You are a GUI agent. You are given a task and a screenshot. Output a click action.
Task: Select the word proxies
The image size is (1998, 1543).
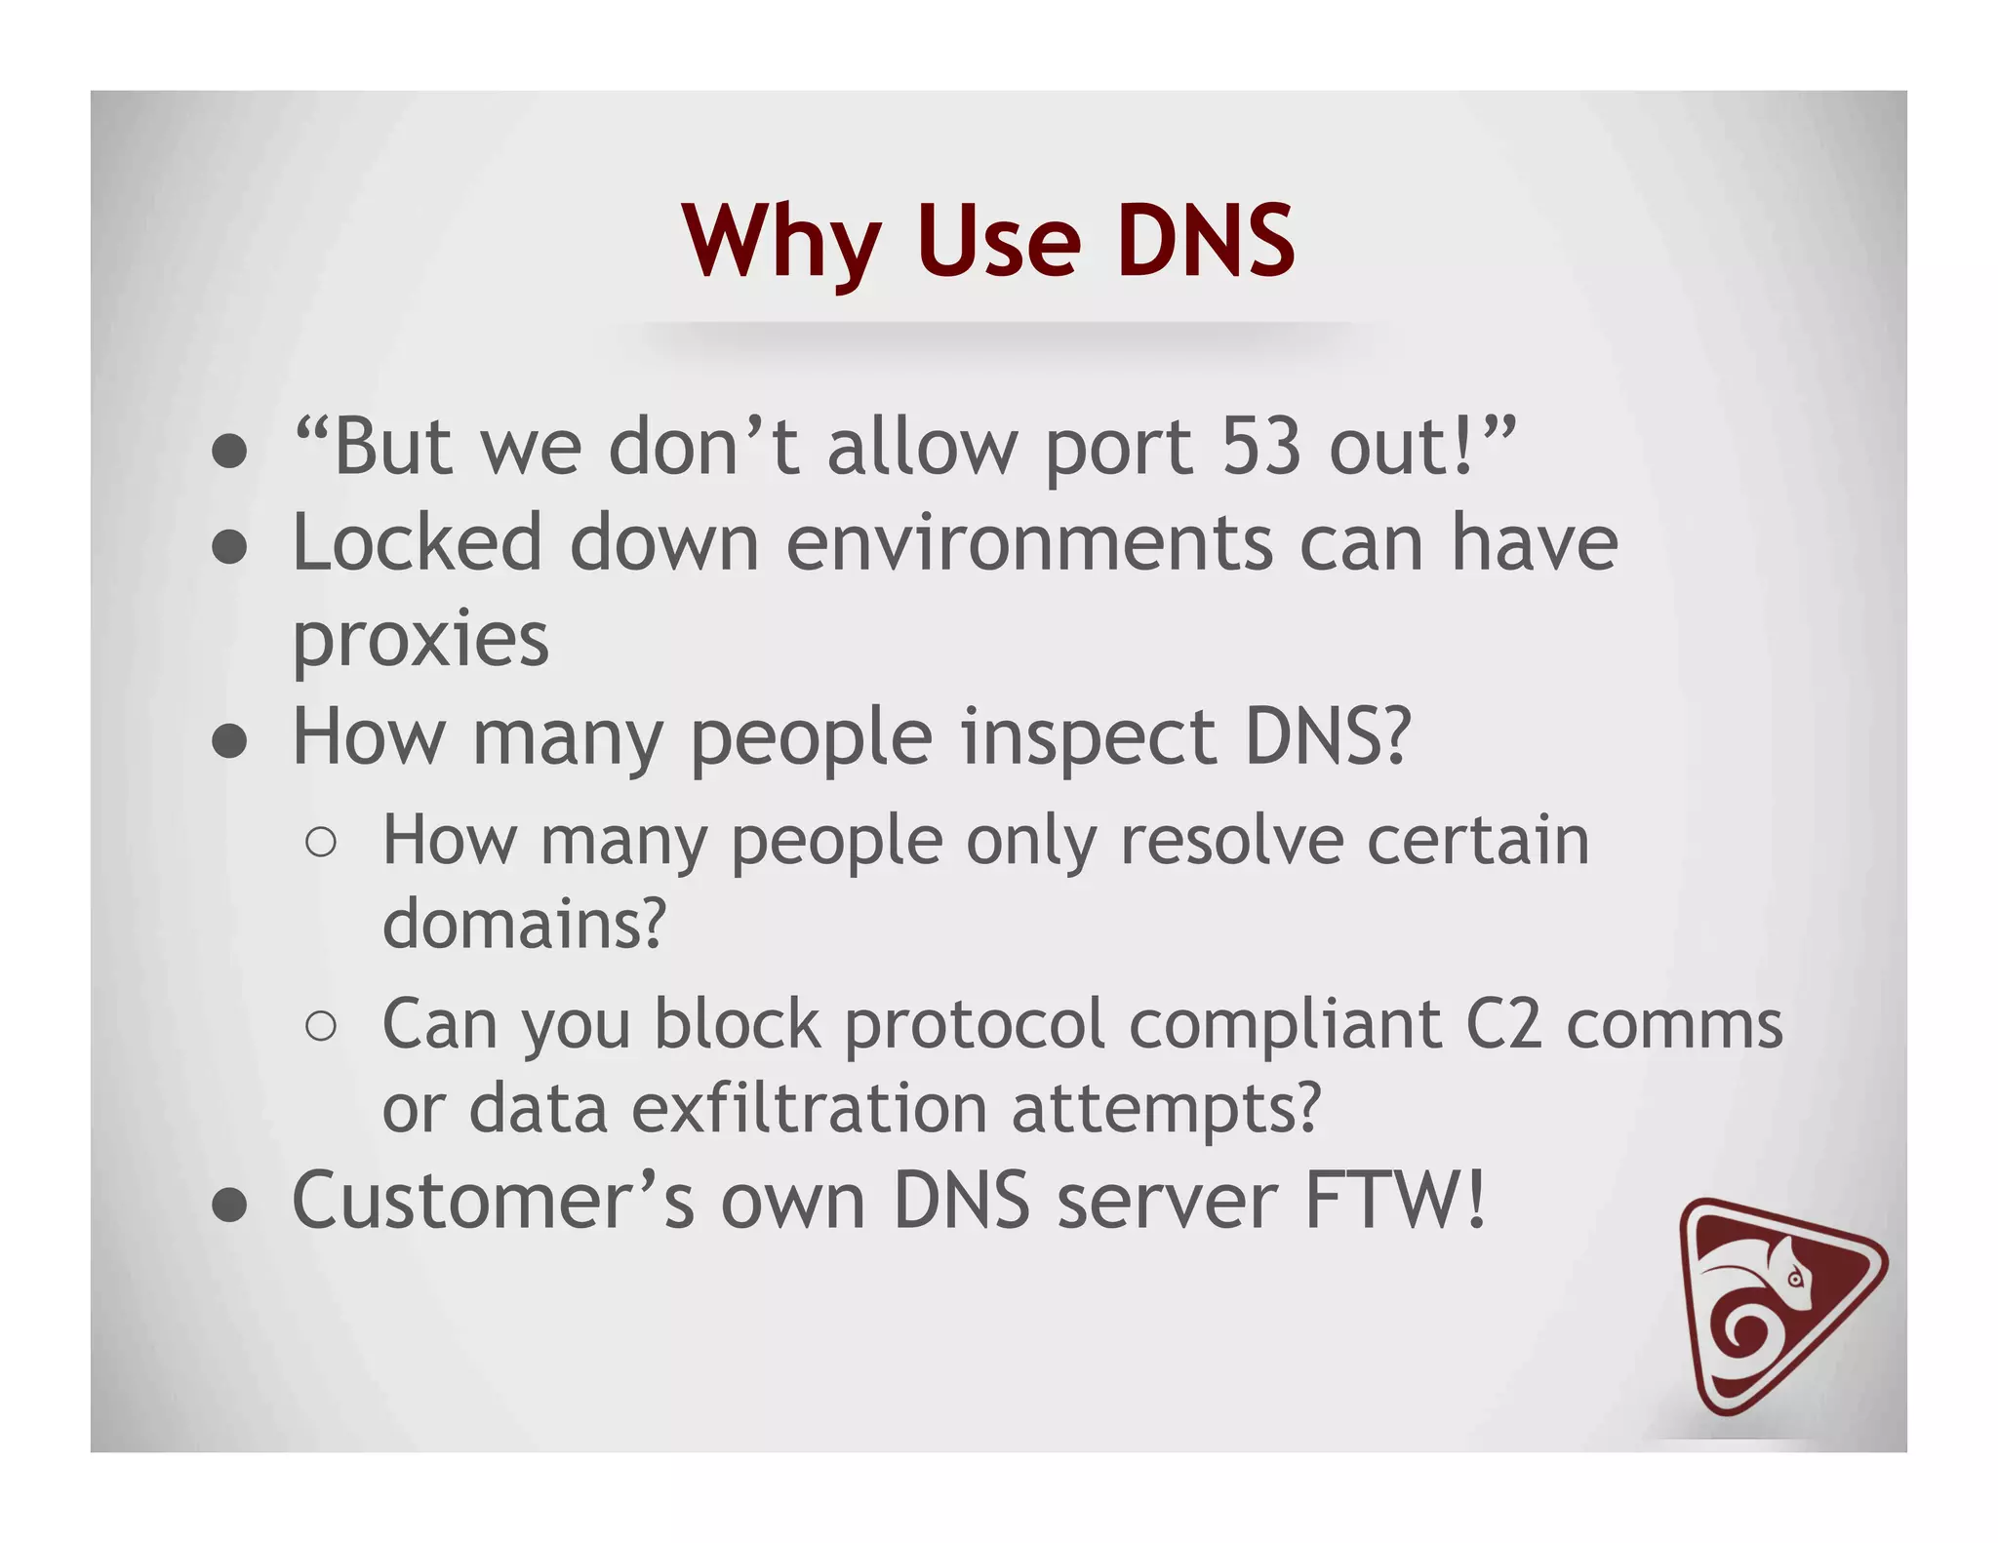click(420, 641)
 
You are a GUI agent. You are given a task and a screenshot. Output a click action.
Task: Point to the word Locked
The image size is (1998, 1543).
click(417, 542)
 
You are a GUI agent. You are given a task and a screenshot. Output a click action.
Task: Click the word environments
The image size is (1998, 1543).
click(1029, 542)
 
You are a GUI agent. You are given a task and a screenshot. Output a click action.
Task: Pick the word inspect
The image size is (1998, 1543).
click(1089, 738)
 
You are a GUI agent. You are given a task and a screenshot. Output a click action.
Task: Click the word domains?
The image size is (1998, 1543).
click(524, 923)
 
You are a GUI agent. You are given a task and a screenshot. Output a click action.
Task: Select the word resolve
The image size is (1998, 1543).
click(1232, 840)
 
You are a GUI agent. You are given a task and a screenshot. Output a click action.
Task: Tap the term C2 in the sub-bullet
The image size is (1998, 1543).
click(1503, 1024)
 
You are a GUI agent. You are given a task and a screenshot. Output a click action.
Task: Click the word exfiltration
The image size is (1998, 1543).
click(809, 1108)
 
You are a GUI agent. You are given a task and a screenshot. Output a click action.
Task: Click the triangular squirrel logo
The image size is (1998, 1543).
click(1775, 1306)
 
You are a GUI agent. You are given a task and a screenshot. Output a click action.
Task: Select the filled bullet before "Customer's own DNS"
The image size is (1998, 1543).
click(229, 1206)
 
